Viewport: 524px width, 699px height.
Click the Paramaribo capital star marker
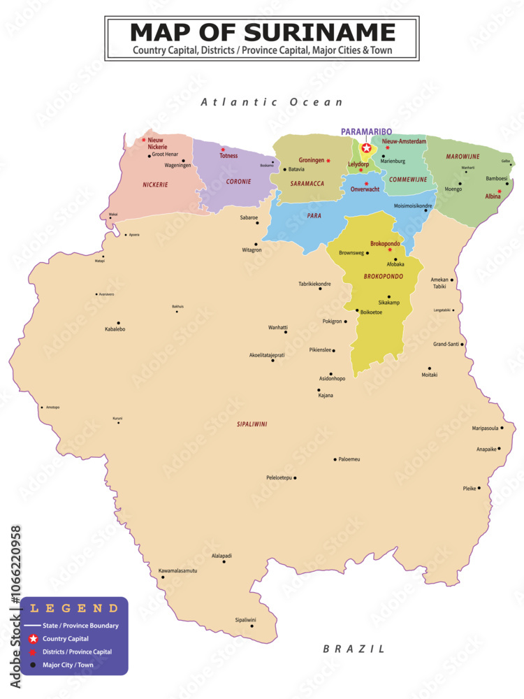[x=366, y=147]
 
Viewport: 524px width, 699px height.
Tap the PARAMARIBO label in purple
[x=366, y=131]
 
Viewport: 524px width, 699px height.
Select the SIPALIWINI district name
[x=252, y=424]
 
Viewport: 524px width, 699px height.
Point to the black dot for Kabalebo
[x=119, y=323]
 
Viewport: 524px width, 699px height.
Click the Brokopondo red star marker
[x=390, y=250]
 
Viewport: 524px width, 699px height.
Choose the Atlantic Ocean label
[x=272, y=102]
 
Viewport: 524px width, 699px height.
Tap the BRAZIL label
[x=354, y=649]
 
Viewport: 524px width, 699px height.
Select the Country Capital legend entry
[x=65, y=639]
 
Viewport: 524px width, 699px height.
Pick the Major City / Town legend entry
[x=68, y=665]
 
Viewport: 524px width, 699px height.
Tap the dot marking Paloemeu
[x=335, y=460]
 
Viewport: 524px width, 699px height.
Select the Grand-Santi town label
[x=446, y=344]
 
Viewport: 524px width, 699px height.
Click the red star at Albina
[x=499, y=191]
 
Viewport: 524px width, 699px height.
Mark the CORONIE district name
[x=238, y=182]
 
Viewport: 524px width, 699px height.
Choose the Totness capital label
[x=228, y=156]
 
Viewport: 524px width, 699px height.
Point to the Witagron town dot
[x=257, y=243]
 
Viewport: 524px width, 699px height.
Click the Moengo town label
[x=453, y=189]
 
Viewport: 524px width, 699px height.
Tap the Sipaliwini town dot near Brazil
[x=252, y=625]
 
